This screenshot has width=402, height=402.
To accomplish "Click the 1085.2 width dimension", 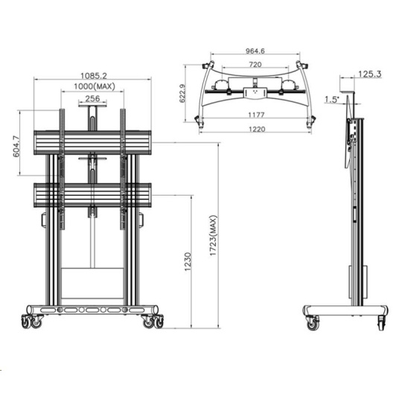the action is [94, 76].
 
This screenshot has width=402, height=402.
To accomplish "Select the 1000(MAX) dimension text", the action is [95, 86].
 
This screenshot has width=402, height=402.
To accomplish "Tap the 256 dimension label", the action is [92, 98].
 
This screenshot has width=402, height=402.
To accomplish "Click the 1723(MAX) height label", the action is [214, 235].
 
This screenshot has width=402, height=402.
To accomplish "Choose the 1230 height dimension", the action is [188, 262].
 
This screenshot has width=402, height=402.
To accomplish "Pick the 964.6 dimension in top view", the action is [255, 51].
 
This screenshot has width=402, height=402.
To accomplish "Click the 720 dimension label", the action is [255, 64].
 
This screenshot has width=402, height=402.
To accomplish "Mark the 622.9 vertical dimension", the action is [182, 93].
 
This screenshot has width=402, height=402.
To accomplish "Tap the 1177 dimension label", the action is [256, 115].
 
